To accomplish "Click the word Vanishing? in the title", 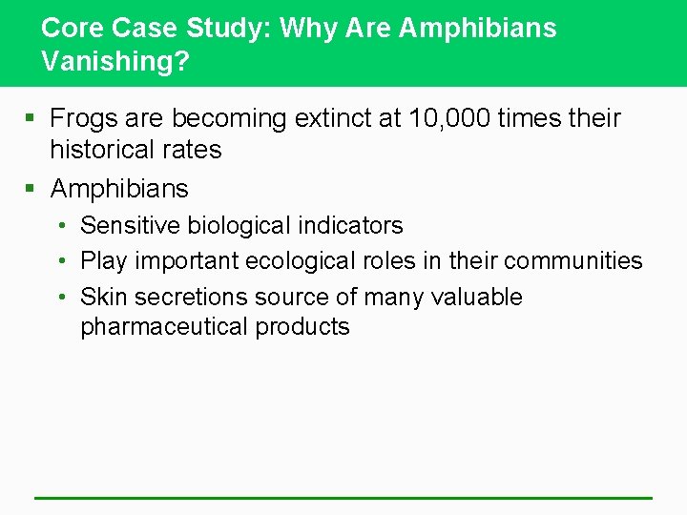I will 115,61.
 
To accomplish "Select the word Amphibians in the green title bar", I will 477,28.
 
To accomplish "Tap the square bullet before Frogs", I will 31,119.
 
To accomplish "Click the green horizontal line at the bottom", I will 343,498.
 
